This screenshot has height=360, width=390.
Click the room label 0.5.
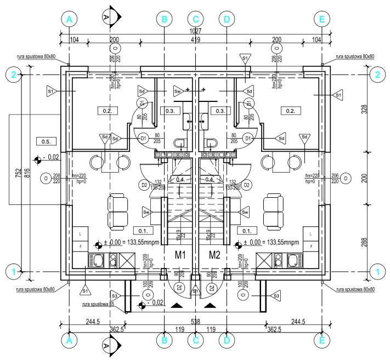coord(46,142)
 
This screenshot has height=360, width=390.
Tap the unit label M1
coord(181,254)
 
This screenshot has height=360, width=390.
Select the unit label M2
coord(214,254)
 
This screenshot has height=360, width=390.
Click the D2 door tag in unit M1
coord(145,185)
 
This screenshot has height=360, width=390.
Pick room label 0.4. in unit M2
coord(209,179)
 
